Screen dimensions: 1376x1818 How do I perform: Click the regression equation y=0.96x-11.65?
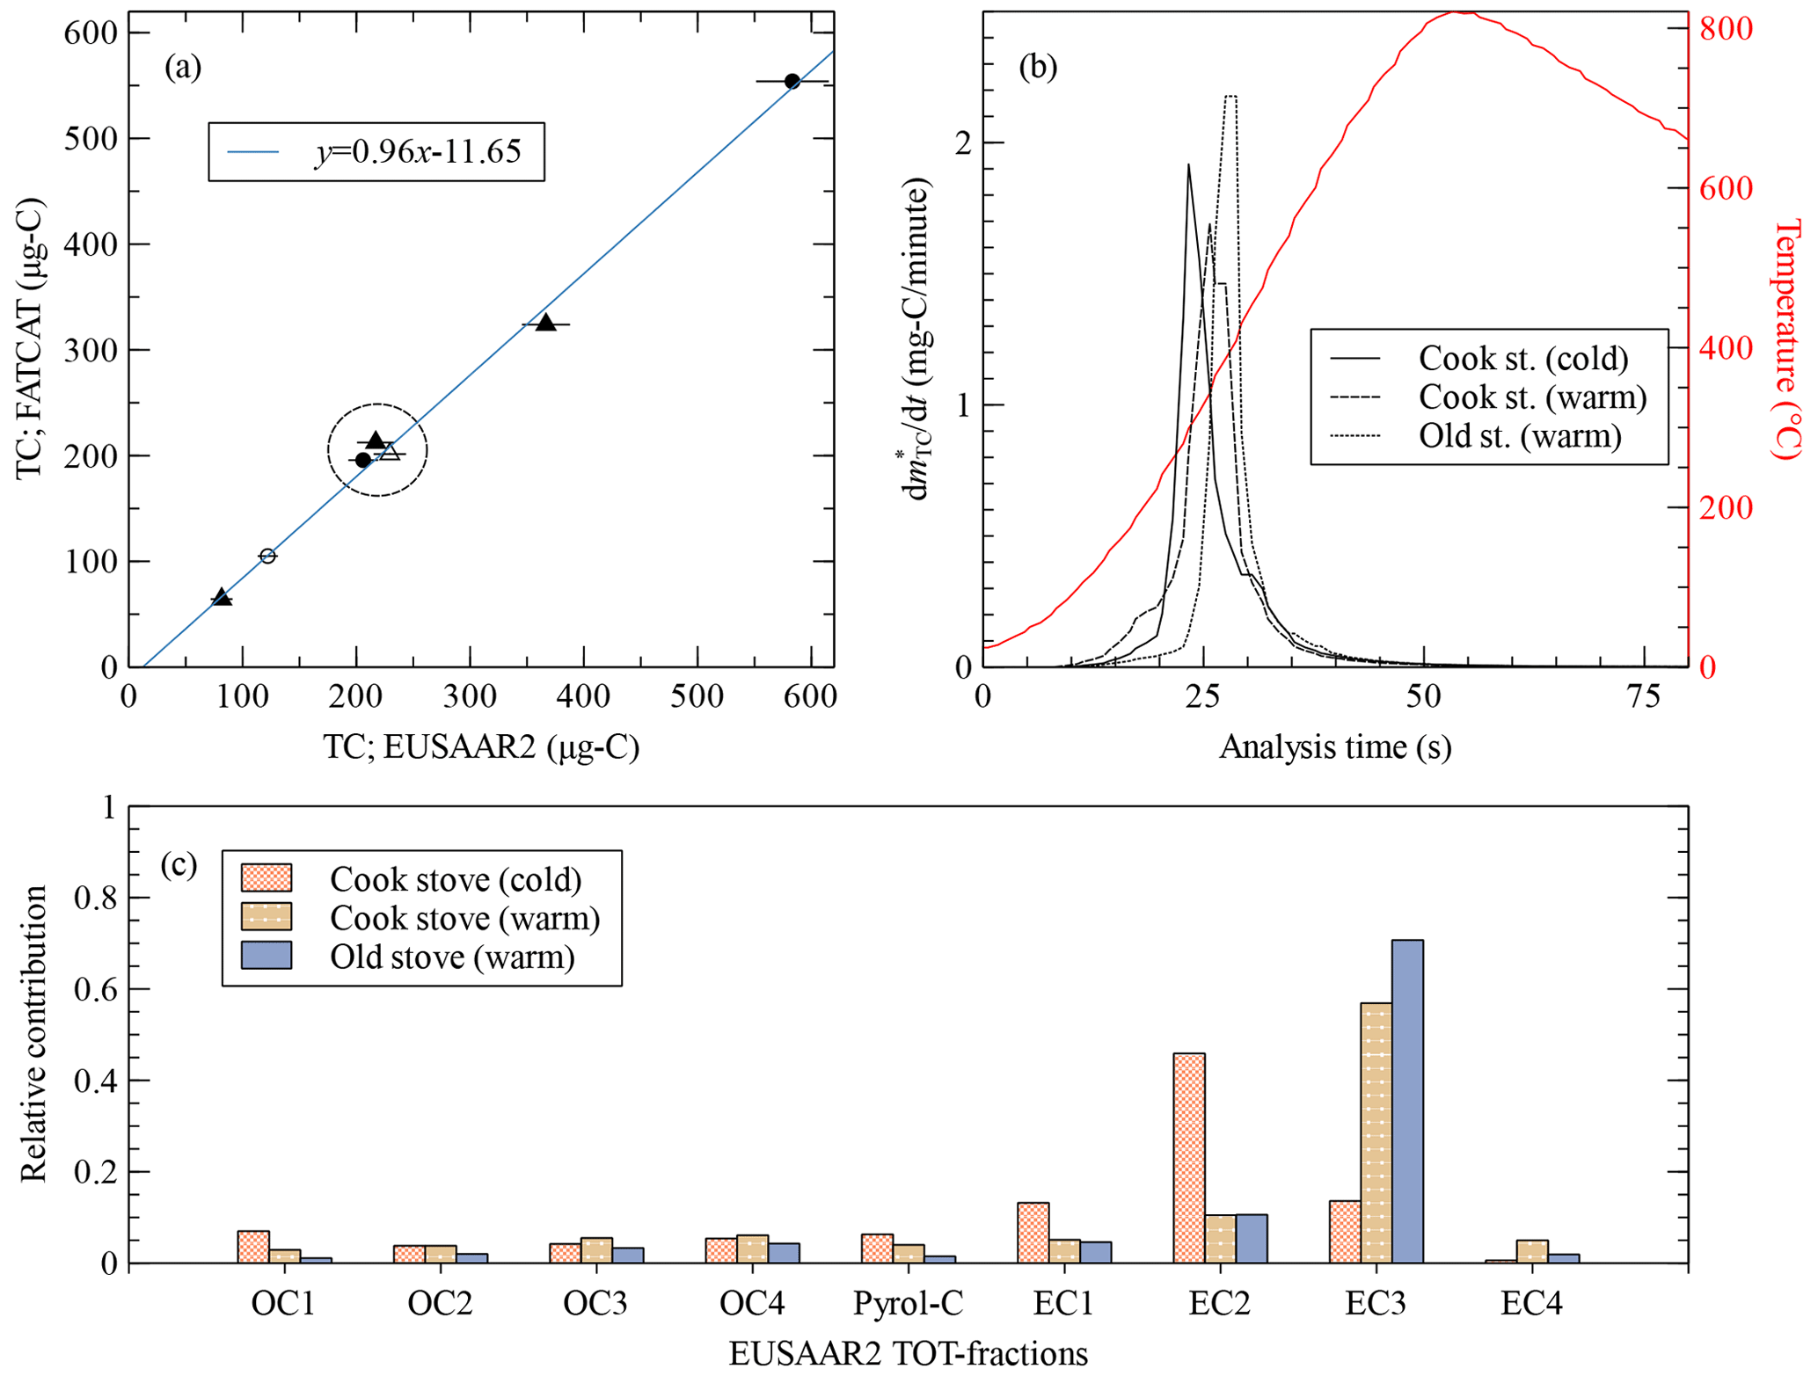[418, 152]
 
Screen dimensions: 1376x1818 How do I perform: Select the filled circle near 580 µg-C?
[792, 82]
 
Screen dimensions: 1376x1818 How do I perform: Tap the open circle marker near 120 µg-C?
[267, 557]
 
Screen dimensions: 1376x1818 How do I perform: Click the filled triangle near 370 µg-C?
[546, 323]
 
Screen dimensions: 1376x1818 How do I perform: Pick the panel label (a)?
[183, 67]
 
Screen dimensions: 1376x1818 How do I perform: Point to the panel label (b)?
[1038, 67]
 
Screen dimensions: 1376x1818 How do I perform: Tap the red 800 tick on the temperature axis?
[1726, 29]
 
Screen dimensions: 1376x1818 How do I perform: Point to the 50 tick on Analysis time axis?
[1423, 697]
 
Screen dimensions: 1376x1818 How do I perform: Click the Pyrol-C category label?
[908, 1303]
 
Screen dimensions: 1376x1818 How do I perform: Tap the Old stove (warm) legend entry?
[452, 957]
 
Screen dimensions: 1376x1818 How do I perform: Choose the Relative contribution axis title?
[33, 1034]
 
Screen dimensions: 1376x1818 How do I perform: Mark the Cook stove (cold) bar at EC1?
[1033, 1233]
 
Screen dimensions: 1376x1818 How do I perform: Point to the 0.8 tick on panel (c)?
[96, 898]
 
